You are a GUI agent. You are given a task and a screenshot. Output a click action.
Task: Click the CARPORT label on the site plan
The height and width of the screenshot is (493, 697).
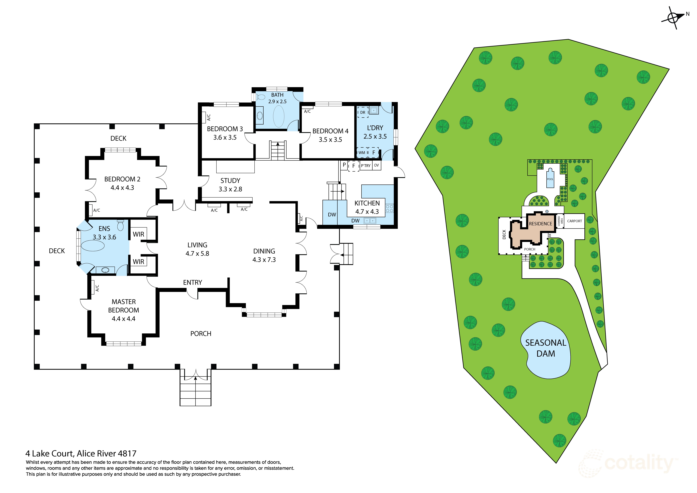(574, 221)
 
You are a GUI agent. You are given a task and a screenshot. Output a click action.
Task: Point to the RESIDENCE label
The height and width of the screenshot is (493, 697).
(540, 224)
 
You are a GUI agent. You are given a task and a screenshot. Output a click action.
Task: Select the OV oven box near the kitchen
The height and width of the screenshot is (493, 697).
(376, 165)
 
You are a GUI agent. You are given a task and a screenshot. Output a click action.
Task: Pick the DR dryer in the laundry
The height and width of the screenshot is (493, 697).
(363, 112)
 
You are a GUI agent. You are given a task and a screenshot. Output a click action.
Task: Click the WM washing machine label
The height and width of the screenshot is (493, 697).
(362, 153)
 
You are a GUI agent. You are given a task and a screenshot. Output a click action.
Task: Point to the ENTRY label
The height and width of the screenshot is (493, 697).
(192, 282)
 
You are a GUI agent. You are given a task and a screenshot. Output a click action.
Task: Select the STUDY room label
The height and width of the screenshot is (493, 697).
(230, 181)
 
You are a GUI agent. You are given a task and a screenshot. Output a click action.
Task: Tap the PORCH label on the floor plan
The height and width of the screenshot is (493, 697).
(201, 334)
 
